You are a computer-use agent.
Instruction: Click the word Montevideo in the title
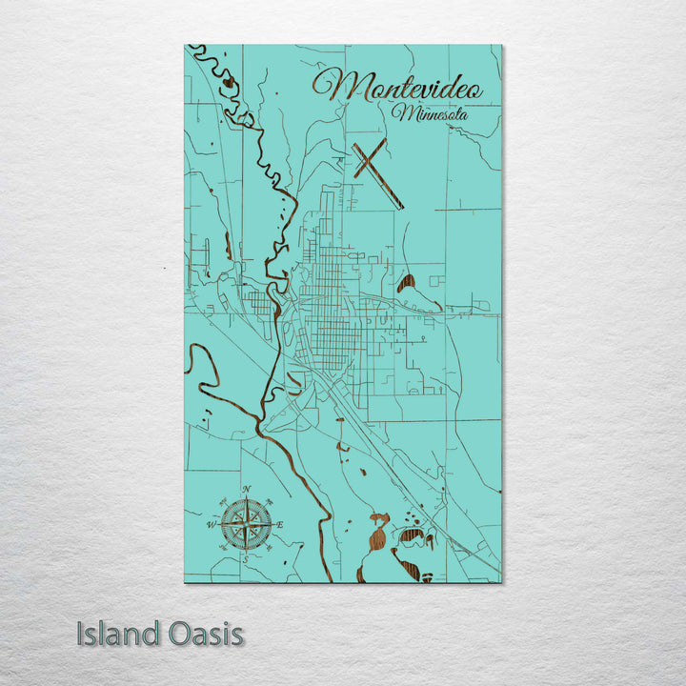coord(398,88)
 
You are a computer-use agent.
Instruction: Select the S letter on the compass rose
coord(247,560)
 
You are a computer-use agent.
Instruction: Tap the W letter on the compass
coord(212,524)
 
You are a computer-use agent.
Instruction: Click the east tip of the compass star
coord(274,524)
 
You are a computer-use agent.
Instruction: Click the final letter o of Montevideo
coord(475,91)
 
